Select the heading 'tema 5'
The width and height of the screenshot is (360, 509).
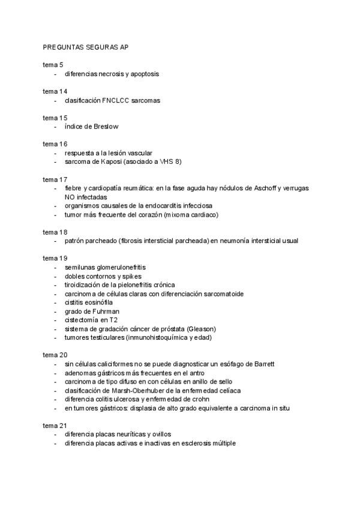pyautogui.click(x=53, y=65)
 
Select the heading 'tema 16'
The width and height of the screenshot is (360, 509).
pyautogui.click(x=55, y=144)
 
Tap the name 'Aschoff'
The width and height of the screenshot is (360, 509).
pyautogui.click(x=261, y=188)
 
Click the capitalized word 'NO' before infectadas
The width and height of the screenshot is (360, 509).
pyautogui.click(x=70, y=197)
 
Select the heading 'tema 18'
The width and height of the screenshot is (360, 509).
pyautogui.click(x=55, y=232)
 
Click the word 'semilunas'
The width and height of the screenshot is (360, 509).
pyautogui.click(x=79, y=267)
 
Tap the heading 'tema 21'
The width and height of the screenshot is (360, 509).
pyautogui.click(x=55, y=426)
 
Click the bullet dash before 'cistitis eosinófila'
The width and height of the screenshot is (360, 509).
pyautogui.click(x=56, y=303)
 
